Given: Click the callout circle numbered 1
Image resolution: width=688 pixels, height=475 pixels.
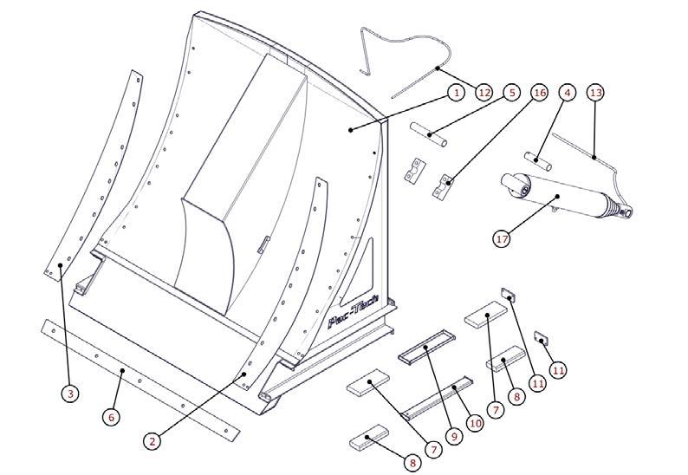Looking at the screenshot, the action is (x=457, y=93).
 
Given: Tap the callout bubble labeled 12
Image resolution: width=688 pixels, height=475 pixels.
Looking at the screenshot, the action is (x=484, y=93).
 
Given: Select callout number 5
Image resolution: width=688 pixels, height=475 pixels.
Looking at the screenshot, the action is (x=511, y=93).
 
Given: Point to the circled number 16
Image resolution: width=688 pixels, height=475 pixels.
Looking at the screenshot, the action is (x=539, y=93).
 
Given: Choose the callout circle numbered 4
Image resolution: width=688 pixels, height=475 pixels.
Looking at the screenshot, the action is (x=567, y=93).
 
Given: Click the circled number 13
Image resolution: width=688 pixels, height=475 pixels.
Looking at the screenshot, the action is (x=595, y=93).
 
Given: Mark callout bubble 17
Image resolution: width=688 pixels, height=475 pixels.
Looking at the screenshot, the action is (x=502, y=239).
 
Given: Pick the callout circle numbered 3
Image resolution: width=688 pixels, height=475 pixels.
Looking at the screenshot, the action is (x=70, y=393).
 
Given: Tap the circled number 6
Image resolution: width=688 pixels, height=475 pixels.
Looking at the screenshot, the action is (x=111, y=417).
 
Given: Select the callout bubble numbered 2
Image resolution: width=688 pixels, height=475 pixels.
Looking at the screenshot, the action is (x=153, y=440).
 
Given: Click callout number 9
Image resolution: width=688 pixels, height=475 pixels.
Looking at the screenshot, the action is (x=454, y=436).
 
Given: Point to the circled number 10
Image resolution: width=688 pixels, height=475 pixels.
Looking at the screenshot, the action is (x=475, y=423).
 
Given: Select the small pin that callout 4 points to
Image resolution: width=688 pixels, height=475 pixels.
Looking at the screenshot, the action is (x=538, y=160).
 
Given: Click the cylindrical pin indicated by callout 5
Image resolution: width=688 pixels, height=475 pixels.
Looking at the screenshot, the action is (x=429, y=134).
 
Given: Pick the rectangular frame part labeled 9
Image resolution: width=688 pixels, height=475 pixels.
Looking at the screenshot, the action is (x=426, y=347).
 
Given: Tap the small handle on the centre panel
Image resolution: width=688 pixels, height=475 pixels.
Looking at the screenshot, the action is (x=263, y=244).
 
